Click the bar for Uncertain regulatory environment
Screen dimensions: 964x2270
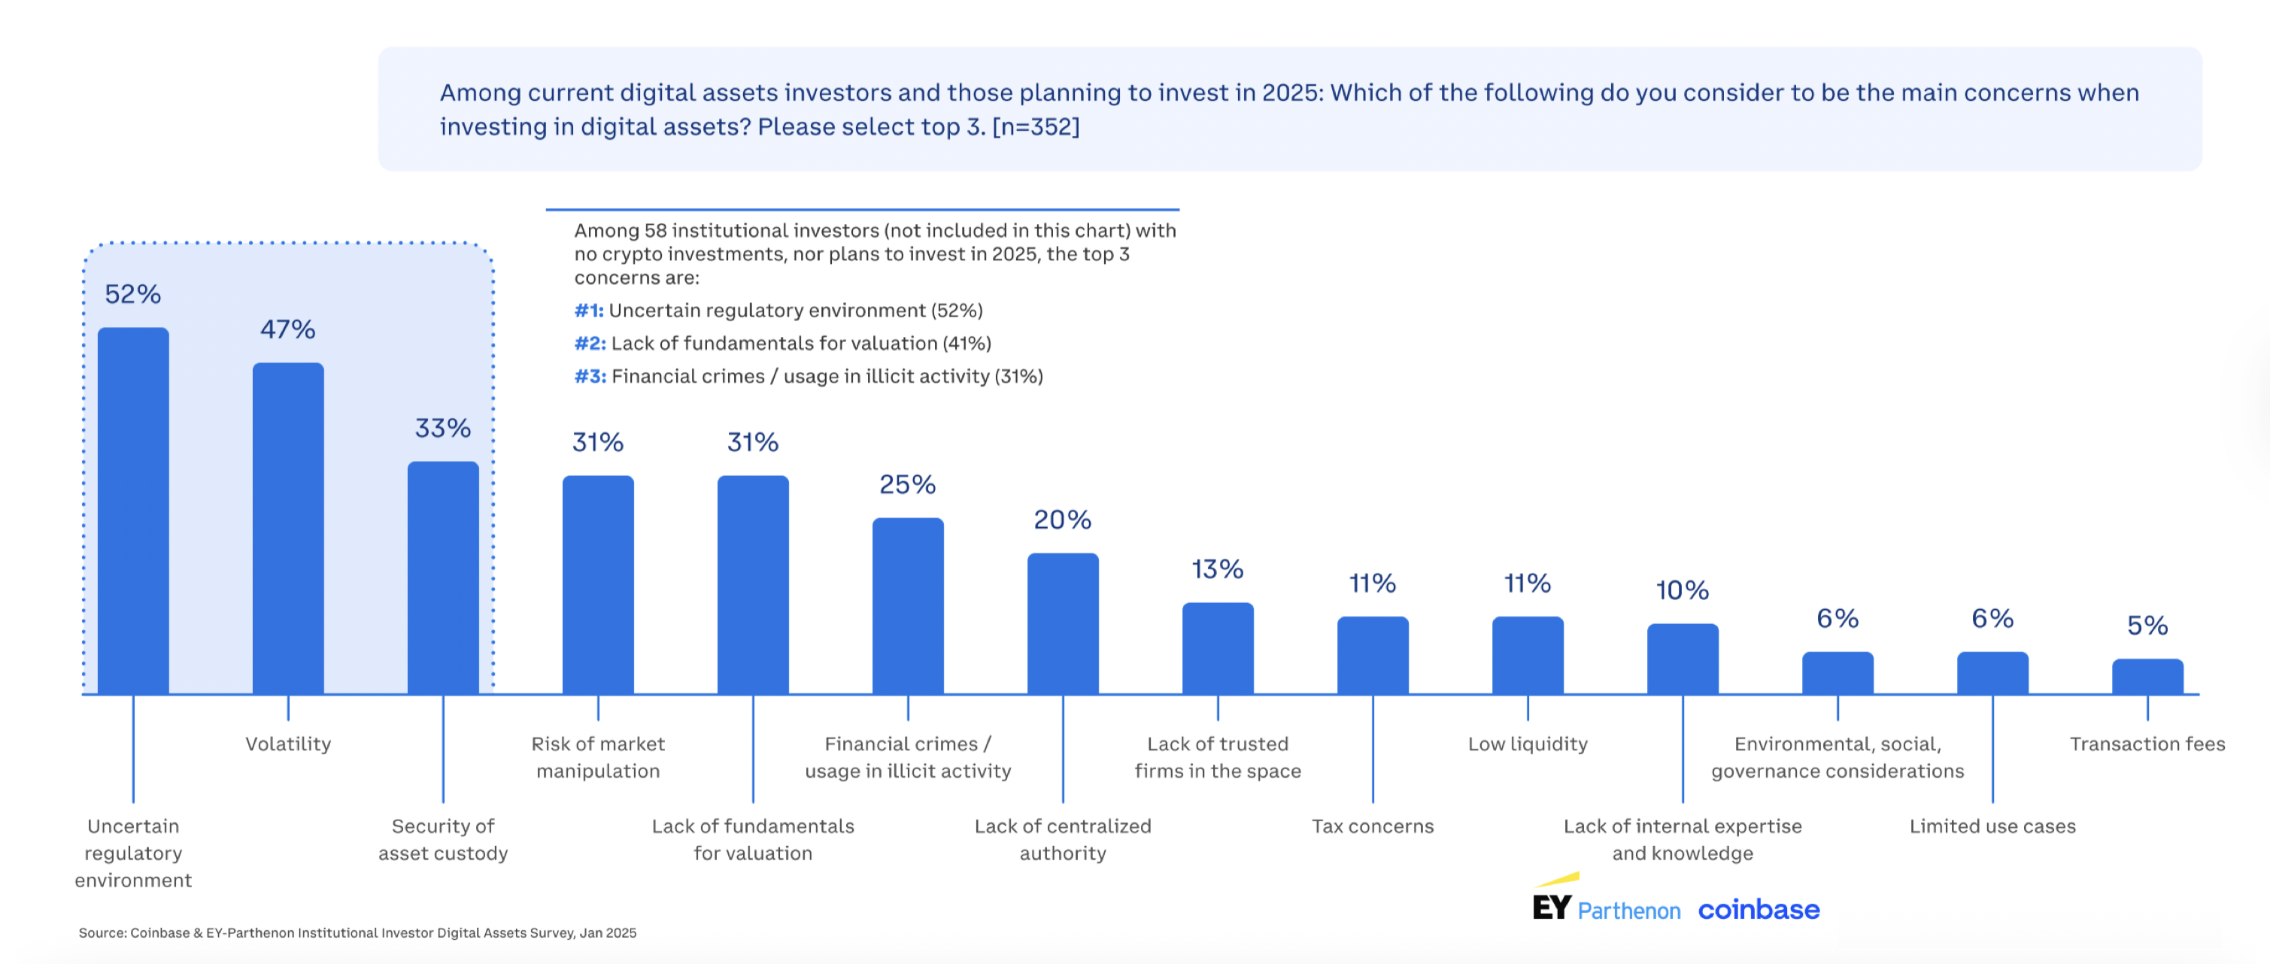(133, 511)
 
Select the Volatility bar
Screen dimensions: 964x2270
(288, 529)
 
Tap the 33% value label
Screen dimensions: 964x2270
(442, 429)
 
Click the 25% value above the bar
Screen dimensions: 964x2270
(907, 485)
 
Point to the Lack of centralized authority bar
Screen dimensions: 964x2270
(1063, 624)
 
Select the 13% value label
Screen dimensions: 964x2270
(1217, 569)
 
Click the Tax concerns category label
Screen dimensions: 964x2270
(1372, 826)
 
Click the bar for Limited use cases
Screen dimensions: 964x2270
(1992, 673)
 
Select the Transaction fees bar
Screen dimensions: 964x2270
(2147, 677)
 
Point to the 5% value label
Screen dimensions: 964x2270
(2147, 626)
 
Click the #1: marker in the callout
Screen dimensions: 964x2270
(589, 310)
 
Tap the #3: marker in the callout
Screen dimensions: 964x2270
(590, 376)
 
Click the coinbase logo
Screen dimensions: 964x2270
(1758, 909)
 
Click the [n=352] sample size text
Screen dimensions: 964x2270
(1036, 127)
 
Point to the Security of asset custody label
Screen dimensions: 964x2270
(442, 839)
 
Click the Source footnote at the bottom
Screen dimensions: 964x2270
(357, 932)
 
